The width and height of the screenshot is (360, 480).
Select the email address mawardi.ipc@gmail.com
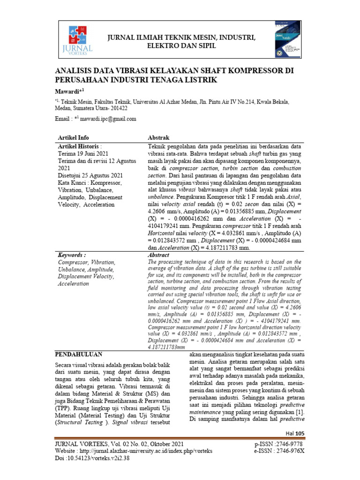point(108,119)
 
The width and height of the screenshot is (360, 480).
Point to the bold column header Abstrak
point(158,137)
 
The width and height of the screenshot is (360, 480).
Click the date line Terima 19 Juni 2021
point(83,153)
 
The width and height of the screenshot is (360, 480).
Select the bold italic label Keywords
point(72,255)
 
